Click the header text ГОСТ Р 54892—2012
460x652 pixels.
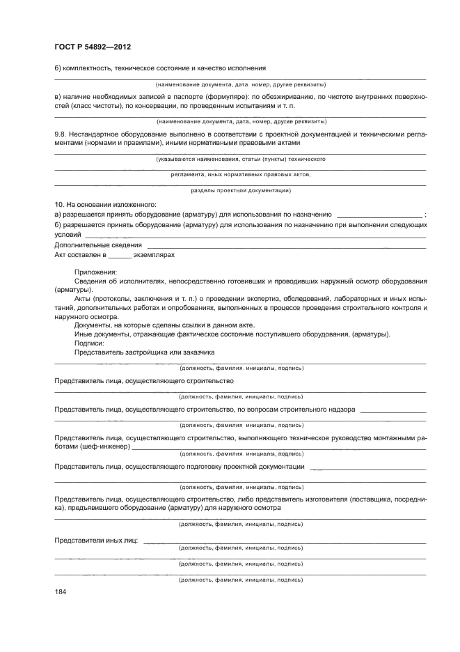[x=93, y=47]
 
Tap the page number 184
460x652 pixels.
[x=61, y=591]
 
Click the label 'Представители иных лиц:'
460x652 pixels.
[x=95, y=541]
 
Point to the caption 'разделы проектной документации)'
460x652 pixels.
[x=241, y=190]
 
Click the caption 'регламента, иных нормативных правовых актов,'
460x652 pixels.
[x=241, y=175]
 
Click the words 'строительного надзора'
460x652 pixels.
[x=321, y=409]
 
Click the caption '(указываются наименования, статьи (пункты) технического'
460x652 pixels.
[x=241, y=160]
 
